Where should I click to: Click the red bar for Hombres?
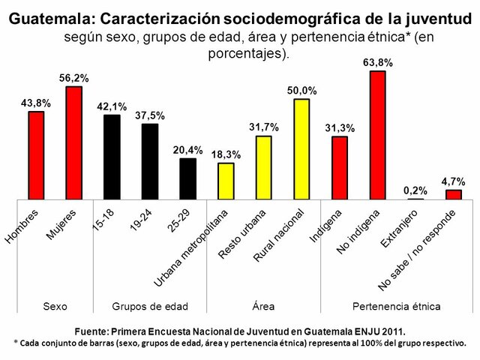coord(36,155)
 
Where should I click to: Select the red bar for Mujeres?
coord(74,142)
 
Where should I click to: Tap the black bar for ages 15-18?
coord(112,157)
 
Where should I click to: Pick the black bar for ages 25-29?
coord(187,178)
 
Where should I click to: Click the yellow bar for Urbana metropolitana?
coord(226,181)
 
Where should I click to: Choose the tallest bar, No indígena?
coord(377,135)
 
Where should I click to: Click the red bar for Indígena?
coord(340,167)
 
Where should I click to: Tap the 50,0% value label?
coord(301,91)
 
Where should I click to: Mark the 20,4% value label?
coord(187,150)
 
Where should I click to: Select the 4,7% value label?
coord(454,181)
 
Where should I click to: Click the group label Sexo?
coord(55,307)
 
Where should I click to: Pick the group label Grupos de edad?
coord(150,307)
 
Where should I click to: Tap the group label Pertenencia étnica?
coord(396,307)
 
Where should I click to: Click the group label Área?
coord(264,307)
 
